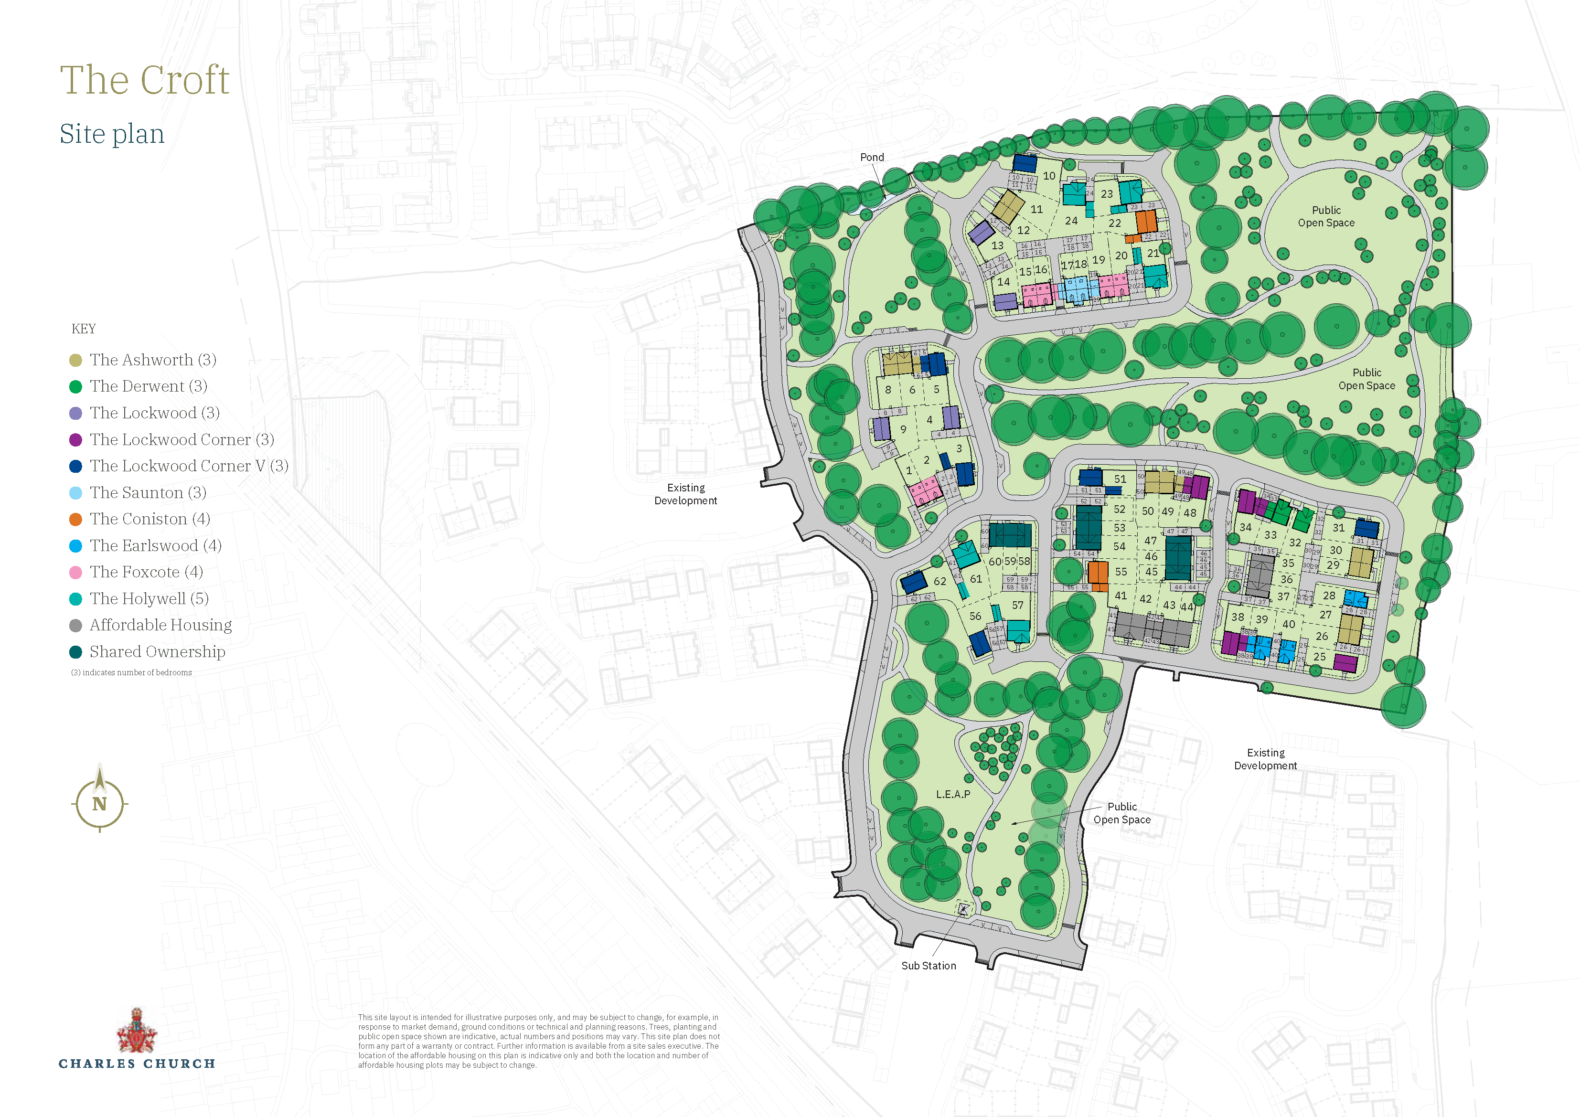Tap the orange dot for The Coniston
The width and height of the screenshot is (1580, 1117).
[75, 520]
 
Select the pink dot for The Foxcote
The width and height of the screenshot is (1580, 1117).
[75, 573]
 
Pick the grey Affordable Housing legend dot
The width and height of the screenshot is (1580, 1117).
[75, 626]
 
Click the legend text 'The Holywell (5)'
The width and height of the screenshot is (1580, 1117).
[149, 599]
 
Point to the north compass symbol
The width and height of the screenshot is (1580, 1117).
[100, 802]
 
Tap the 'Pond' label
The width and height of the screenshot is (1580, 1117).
[872, 158]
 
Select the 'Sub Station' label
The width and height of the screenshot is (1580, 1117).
[929, 966]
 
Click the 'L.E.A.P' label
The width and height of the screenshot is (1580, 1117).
[953, 794]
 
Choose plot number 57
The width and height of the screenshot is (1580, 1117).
[1018, 606]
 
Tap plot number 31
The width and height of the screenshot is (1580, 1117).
[1338, 528]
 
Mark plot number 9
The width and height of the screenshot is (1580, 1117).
[904, 429]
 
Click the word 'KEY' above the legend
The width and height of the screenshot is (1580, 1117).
[84, 329]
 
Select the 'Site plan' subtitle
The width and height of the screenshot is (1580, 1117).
[112, 134]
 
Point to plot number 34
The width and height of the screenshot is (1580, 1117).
[1246, 527]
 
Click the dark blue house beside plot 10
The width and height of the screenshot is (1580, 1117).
[1025, 163]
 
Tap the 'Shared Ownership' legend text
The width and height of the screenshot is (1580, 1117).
[157, 652]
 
